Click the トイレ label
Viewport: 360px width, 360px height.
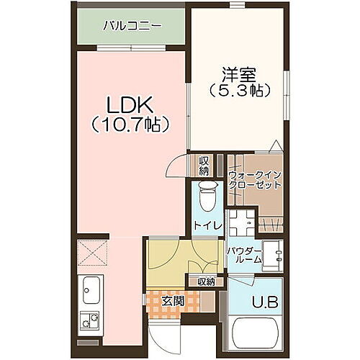204,225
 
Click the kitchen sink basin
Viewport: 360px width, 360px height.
92,292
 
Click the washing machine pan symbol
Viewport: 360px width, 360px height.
243,223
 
